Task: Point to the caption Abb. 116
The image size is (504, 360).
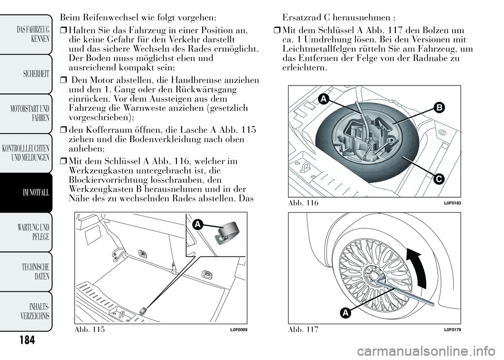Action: (304, 203)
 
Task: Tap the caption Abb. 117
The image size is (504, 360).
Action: (304, 329)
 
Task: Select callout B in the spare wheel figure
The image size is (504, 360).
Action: (438, 108)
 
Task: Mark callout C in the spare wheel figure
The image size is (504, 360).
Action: (439, 179)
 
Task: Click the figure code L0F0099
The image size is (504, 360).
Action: (238, 329)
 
